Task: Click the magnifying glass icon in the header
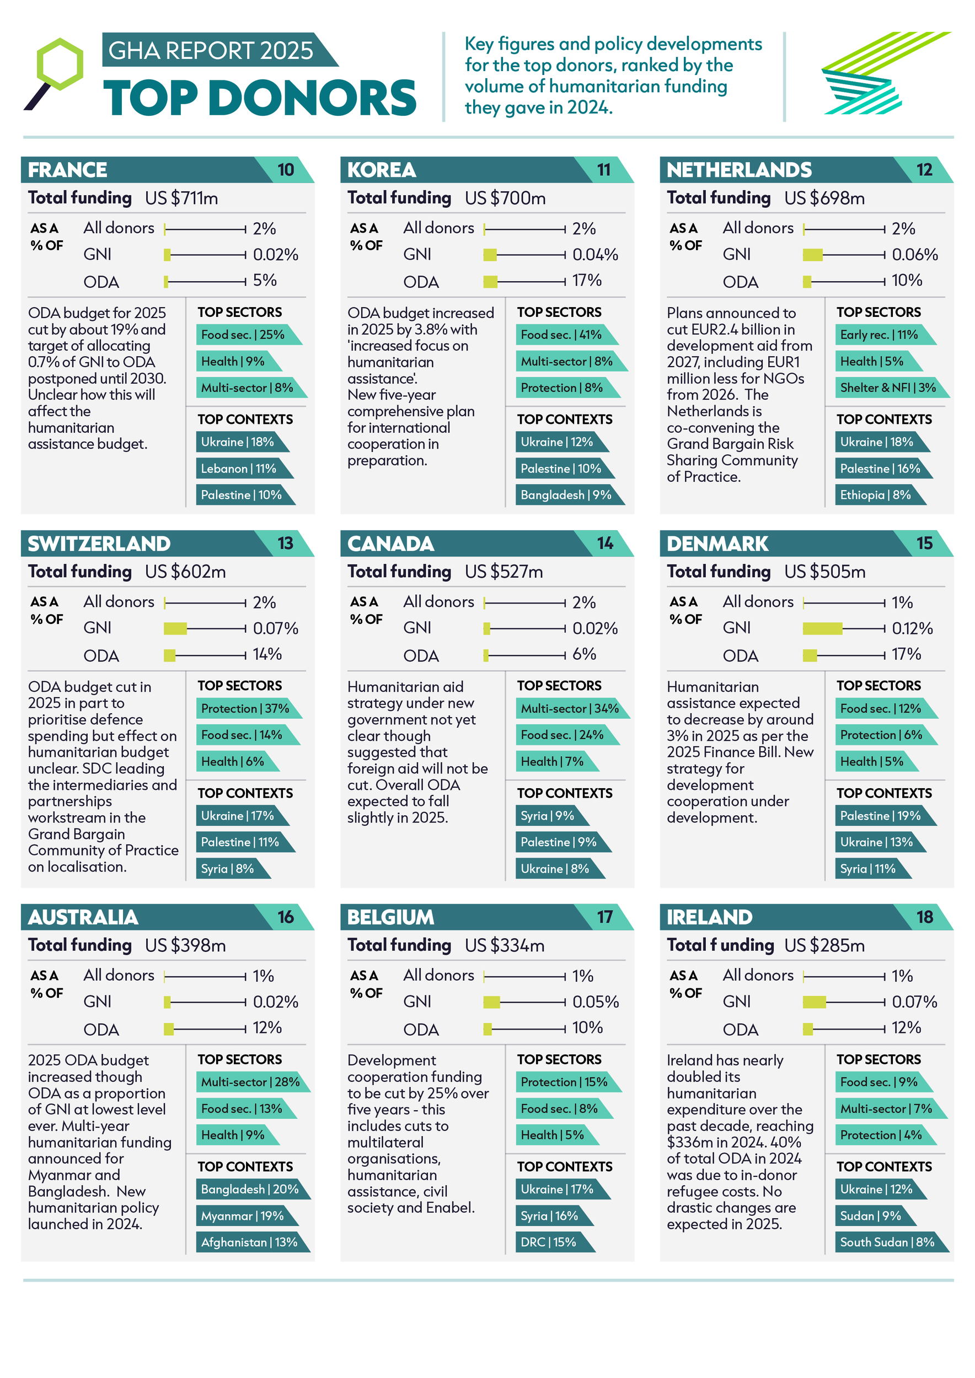55,72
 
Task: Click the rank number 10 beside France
286,170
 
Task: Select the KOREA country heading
381,170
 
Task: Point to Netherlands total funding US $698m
824,198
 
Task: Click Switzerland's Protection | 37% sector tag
245,708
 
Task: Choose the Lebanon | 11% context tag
239,468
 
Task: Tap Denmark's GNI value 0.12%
912,628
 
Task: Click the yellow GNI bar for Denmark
822,628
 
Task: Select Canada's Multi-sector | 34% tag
569,708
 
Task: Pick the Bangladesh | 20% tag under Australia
249,1189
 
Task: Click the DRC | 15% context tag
549,1242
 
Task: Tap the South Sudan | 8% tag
886,1242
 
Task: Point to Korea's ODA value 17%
587,280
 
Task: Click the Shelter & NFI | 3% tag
887,387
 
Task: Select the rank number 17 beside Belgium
604,917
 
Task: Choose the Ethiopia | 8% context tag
875,494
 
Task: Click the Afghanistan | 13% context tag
249,1242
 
